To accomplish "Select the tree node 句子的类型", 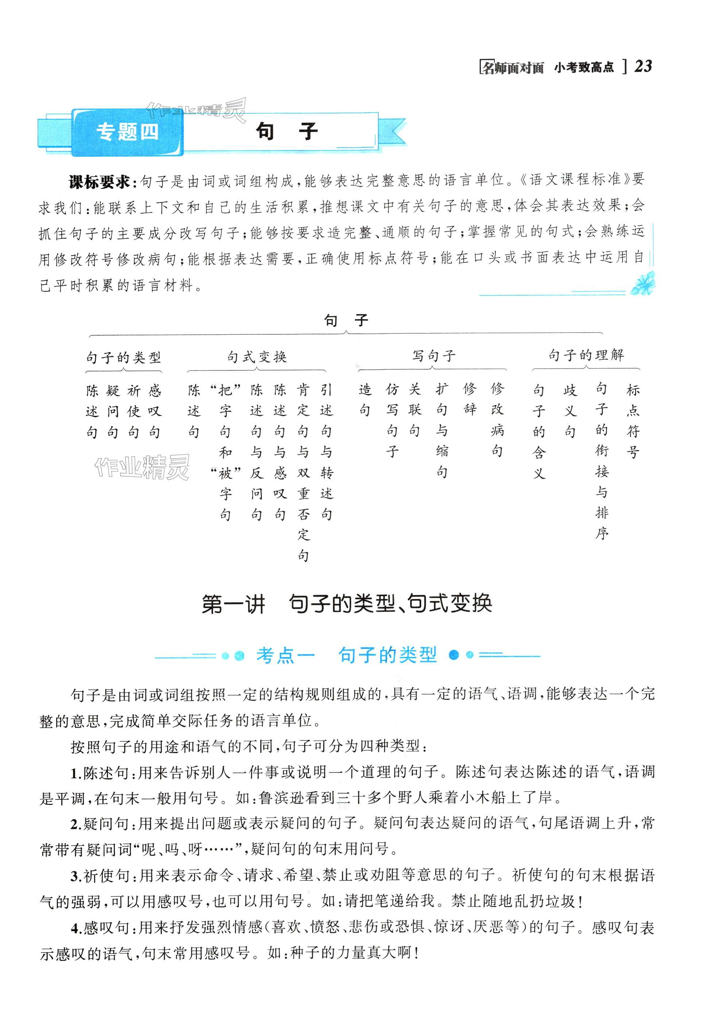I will click(124, 357).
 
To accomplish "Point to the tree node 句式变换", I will click(257, 357).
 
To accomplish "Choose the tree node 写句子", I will click(433, 356).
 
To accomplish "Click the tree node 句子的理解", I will click(586, 355).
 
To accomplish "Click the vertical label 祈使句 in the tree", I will click(133, 411).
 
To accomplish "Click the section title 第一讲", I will click(233, 604).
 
